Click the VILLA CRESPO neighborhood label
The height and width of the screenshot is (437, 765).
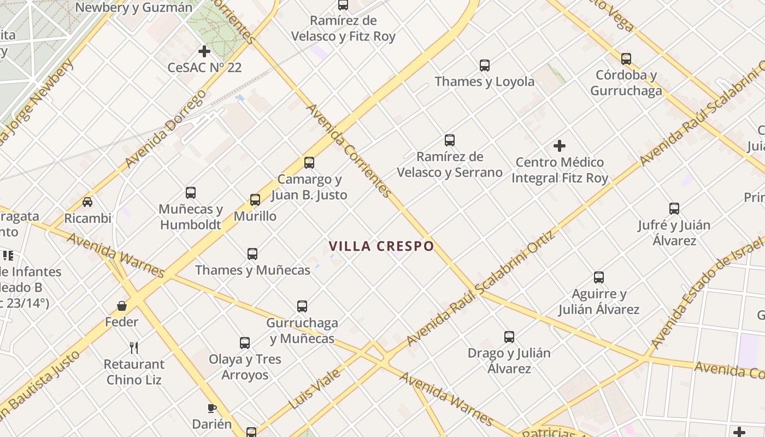click(x=381, y=246)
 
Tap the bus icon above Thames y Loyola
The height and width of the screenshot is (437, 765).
click(x=485, y=66)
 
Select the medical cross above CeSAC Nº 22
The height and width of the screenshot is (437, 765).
click(x=204, y=51)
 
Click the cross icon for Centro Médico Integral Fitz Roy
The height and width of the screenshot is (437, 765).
click(x=560, y=146)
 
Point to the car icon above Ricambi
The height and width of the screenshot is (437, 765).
click(x=87, y=202)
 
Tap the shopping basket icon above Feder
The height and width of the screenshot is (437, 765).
click(x=122, y=306)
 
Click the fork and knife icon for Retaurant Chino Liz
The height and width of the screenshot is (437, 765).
click(x=134, y=347)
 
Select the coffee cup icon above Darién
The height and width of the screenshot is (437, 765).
click(x=212, y=408)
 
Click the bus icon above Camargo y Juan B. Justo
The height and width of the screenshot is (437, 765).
click(x=309, y=163)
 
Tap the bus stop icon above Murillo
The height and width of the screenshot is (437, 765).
click(x=255, y=200)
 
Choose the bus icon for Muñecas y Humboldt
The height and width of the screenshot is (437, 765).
click(x=191, y=193)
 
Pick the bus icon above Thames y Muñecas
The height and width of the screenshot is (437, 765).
click(x=252, y=254)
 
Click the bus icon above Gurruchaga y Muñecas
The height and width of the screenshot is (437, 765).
click(x=302, y=306)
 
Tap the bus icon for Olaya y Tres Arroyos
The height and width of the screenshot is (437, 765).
click(x=245, y=343)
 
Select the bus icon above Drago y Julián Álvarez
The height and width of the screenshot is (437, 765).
click(x=509, y=337)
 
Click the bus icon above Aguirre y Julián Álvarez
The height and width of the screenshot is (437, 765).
click(x=599, y=277)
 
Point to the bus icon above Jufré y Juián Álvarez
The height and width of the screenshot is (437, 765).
click(x=674, y=209)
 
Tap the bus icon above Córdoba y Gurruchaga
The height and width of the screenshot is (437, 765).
click(x=626, y=58)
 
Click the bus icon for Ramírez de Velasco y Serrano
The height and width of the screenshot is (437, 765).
click(x=450, y=140)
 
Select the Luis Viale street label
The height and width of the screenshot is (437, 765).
click(x=315, y=389)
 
